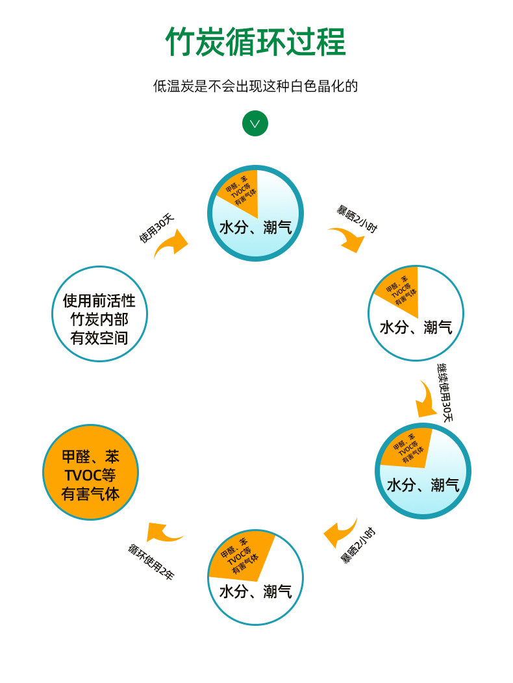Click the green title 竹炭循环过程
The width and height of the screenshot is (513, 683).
click(x=256, y=43)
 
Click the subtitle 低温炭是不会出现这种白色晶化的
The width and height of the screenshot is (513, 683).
click(x=256, y=86)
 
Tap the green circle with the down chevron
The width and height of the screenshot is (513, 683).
click(x=255, y=123)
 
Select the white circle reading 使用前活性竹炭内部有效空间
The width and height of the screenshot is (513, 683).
click(x=99, y=314)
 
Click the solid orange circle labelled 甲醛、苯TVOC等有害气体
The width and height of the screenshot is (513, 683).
click(x=91, y=472)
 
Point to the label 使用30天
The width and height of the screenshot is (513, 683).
click(x=156, y=229)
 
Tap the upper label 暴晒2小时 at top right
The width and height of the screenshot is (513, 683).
click(x=357, y=219)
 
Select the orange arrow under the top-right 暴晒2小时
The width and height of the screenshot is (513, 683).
click(x=349, y=239)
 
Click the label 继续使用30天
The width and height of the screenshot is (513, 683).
click(x=445, y=392)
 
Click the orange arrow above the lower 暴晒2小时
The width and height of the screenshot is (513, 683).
click(x=340, y=532)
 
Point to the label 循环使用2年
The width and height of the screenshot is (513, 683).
click(x=151, y=562)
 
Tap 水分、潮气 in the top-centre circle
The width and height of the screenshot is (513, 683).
click(x=255, y=227)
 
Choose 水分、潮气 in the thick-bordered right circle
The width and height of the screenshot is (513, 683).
click(x=423, y=485)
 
